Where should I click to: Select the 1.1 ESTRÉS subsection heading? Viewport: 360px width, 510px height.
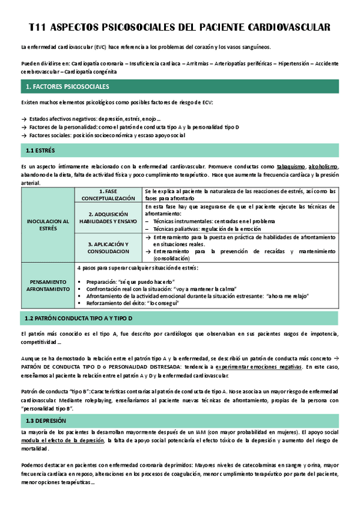pyautogui.click(x=40, y=150)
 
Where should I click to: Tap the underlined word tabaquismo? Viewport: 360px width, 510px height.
pyautogui.click(x=291, y=167)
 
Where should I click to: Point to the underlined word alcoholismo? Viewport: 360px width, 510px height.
pyautogui.click(x=323, y=167)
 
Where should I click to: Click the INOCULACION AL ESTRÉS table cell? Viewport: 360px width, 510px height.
pyautogui.click(x=47, y=225)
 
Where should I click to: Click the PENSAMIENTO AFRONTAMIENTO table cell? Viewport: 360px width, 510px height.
pyautogui.click(x=47, y=285)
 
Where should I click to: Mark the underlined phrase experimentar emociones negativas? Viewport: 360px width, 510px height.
pyautogui.click(x=260, y=367)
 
